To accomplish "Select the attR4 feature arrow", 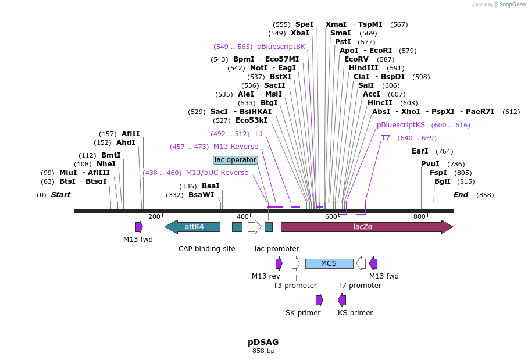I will coord(193,227).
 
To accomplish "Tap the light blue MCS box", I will coord(329,263).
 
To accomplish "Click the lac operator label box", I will coord(235,160).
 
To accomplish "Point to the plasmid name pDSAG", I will coord(263,342).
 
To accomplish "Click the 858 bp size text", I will coord(263,351).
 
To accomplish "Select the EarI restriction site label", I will coord(419,151).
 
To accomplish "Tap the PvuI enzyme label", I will coord(430,163).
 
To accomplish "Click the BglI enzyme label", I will coord(442,181).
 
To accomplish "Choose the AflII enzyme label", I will coord(130,134).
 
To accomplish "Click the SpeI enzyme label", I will coord(304,24).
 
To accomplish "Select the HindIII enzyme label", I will coord(363,68).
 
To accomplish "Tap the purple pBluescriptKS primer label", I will coord(401,125).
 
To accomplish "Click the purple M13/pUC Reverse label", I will coord(217,173).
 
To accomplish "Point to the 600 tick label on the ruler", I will coord(331,216).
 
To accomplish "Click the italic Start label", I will coord(60,195).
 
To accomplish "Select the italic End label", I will coord(461,195).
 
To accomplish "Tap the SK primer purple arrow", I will coord(319,300).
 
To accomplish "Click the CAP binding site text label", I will coord(206,249).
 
